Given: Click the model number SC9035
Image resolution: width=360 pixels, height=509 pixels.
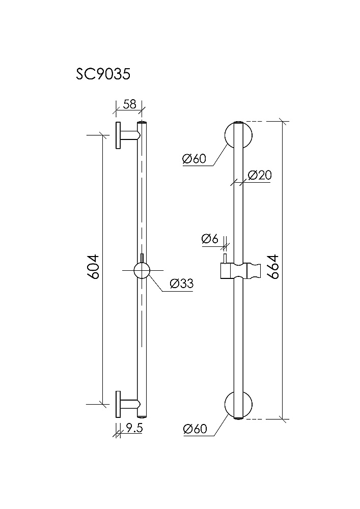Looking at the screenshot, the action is click(103, 74).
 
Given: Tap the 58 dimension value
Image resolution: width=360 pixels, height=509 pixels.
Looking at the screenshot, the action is click(129, 104).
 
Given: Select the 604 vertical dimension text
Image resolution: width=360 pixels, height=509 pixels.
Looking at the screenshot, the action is click(93, 267).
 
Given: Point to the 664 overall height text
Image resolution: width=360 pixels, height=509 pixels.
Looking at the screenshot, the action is click(273, 266).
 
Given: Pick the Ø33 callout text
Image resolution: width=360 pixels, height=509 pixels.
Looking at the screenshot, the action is click(181, 284).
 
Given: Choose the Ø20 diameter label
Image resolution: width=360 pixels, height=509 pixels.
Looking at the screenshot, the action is click(259, 175).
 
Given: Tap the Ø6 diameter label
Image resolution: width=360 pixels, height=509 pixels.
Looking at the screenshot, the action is click(209, 239).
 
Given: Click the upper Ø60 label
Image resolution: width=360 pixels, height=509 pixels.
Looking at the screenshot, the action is click(194, 159).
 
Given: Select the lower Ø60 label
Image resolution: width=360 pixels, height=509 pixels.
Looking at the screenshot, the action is click(195, 429).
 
